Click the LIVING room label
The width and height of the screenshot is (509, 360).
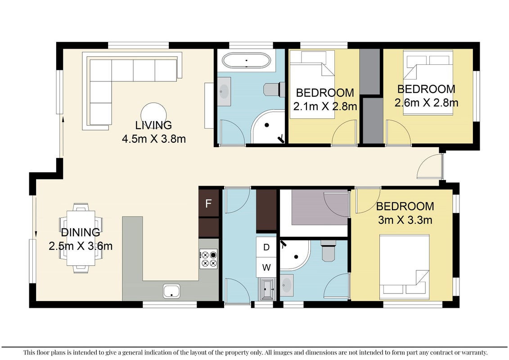(153, 125)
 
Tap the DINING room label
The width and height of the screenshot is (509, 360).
(81, 232)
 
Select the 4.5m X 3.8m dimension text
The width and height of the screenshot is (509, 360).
(153, 139)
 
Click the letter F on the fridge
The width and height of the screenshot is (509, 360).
(208, 203)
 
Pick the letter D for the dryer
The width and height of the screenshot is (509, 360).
(266, 247)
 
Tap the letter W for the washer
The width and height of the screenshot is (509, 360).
(266, 267)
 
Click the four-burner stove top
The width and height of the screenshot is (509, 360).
(208, 259)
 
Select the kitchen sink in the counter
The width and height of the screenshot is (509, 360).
(172, 291)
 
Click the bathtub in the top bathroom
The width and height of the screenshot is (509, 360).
(246, 60)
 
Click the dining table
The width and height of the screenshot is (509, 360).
(81, 238)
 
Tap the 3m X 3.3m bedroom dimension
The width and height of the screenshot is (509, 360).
(405, 220)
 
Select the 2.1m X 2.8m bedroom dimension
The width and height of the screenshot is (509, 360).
(325, 106)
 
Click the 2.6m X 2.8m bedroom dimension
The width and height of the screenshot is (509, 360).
(426, 103)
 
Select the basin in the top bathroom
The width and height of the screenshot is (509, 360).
(224, 91)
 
